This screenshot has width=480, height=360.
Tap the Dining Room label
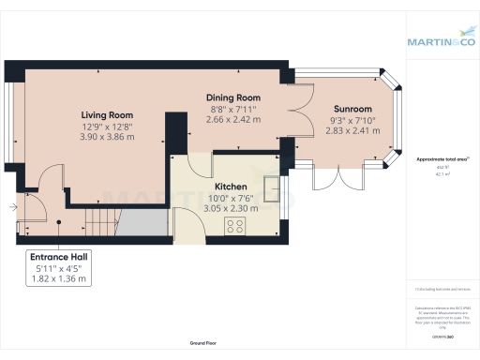click(233, 97)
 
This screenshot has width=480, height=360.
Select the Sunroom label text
click(352, 109)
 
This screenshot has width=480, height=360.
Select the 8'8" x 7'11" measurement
click(233, 109)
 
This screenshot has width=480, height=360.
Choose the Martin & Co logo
click(442, 41)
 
